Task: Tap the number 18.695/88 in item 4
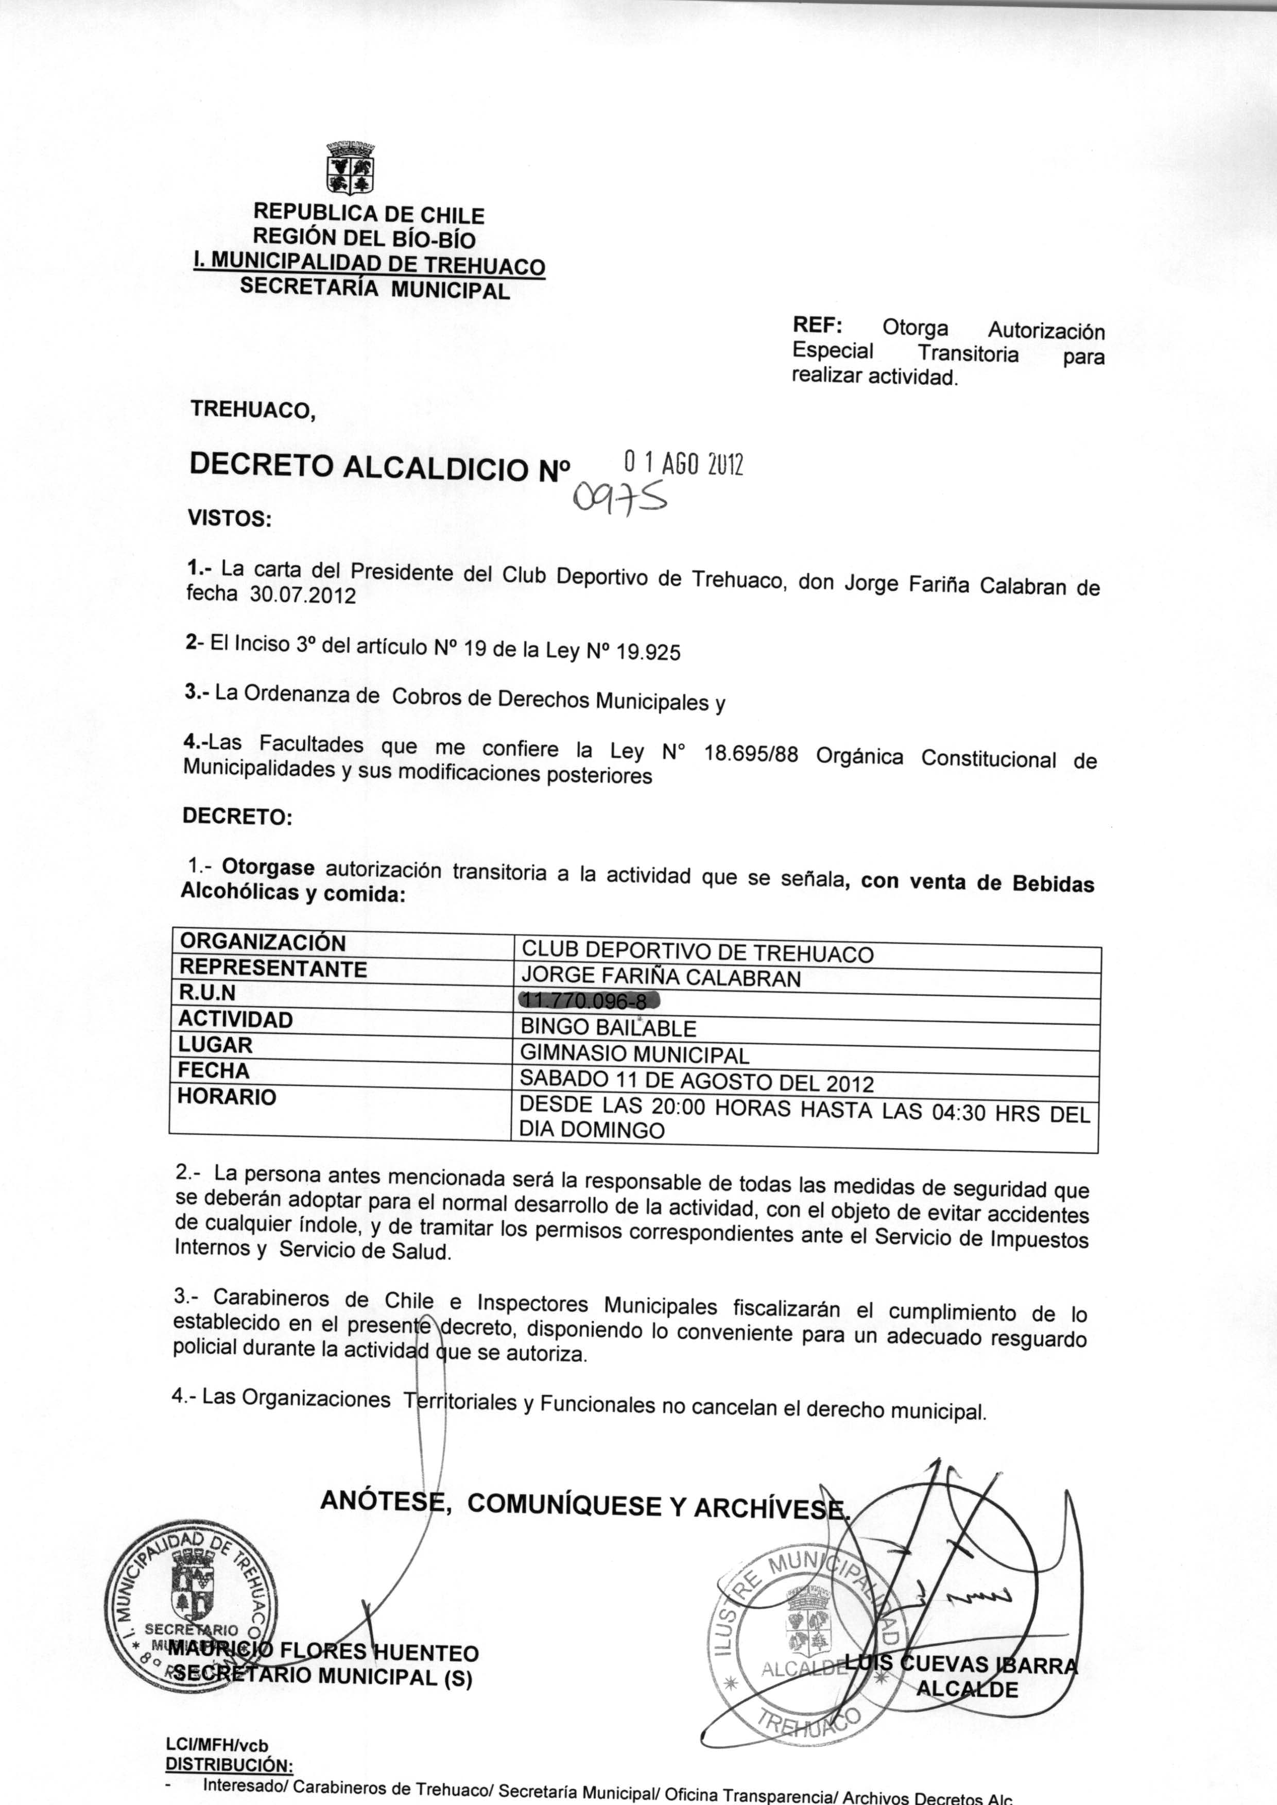click(751, 755)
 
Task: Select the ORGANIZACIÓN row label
click(263, 942)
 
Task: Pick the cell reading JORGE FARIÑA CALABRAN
click(661, 978)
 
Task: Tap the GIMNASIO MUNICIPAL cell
click(635, 1054)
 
